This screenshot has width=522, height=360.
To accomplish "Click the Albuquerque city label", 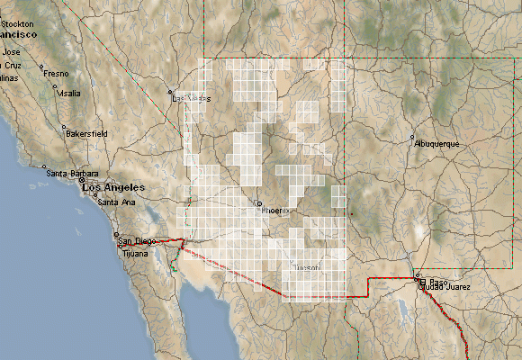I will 437,144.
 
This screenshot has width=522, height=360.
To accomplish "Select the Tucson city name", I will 307,267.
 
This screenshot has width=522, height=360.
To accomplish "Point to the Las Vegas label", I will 191,98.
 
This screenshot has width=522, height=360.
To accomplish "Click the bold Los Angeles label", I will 112,186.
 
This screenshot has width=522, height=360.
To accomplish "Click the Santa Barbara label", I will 71,173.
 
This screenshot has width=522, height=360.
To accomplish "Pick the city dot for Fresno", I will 42,67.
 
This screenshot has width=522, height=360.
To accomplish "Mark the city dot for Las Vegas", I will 170,92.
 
